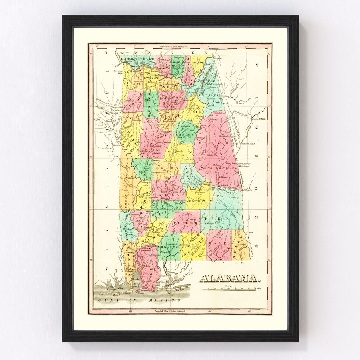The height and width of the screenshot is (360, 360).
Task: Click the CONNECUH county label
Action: tap(169, 247)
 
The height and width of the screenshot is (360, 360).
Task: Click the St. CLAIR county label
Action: tap(194, 112)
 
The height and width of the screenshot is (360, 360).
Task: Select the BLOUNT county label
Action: tap(168, 99)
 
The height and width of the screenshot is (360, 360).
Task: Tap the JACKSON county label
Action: tap(199, 62)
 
